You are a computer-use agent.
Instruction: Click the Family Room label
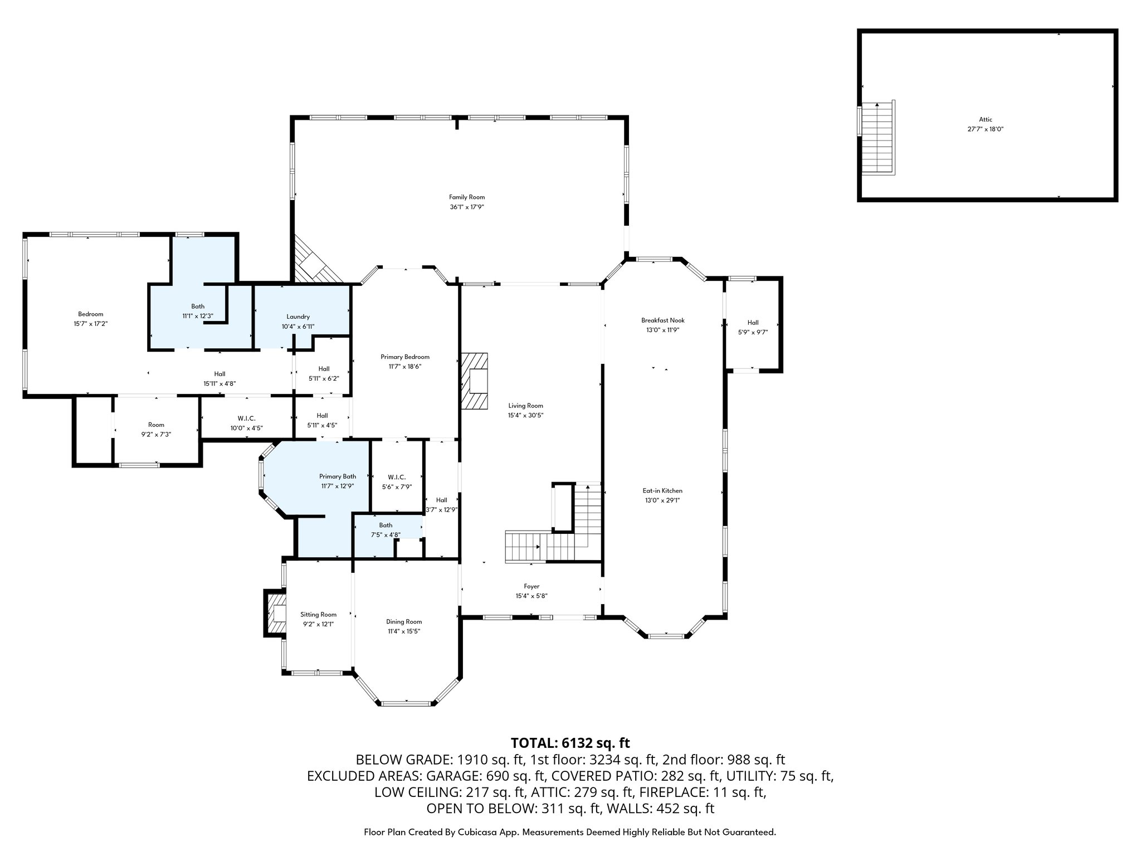467,197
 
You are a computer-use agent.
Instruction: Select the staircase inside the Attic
877,138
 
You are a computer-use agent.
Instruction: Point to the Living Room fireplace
474,381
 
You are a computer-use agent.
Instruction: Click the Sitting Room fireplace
275,613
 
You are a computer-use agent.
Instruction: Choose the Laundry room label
298,317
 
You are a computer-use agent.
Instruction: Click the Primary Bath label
338,476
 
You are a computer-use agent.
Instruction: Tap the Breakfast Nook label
662,320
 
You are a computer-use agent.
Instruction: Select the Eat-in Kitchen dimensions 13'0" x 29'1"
662,500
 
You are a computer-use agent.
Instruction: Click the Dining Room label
404,621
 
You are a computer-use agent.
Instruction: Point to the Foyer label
532,586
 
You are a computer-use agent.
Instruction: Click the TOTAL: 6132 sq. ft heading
570,743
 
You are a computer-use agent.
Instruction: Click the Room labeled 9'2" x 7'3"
156,429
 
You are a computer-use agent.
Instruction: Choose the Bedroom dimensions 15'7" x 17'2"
90,323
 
